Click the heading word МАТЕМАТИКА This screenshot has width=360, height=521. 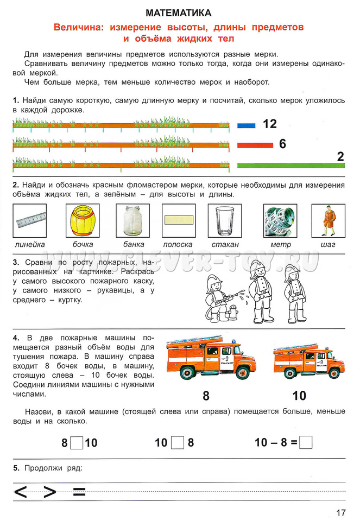[179, 12]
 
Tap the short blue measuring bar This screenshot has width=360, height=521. [246, 125]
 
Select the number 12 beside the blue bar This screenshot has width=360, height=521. [270, 124]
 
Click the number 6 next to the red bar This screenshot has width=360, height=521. [282, 144]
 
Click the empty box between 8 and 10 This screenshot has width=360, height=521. [77, 442]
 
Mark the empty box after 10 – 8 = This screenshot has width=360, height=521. [306, 442]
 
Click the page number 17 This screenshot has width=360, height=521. [340, 512]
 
